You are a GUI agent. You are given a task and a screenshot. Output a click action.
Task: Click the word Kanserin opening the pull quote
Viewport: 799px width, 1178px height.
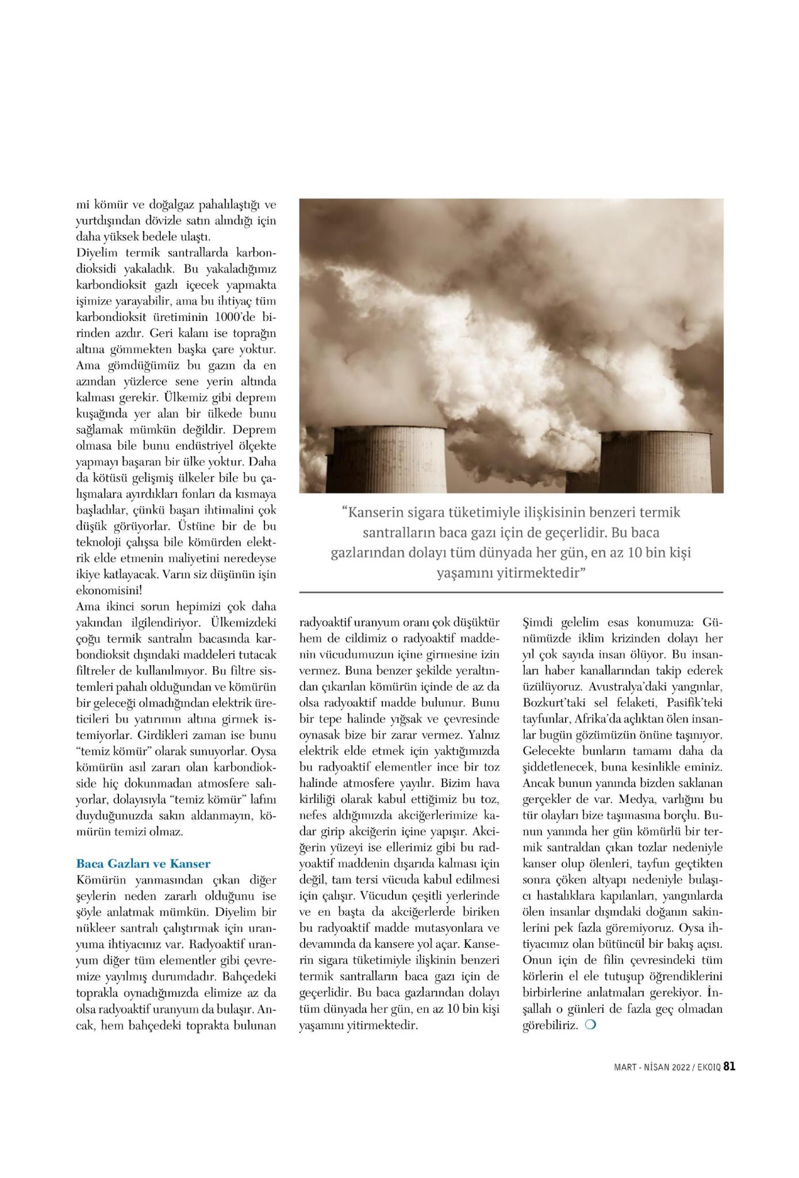(379, 511)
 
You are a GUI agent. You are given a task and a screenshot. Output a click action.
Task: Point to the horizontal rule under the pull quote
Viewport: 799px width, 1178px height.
(511, 592)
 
